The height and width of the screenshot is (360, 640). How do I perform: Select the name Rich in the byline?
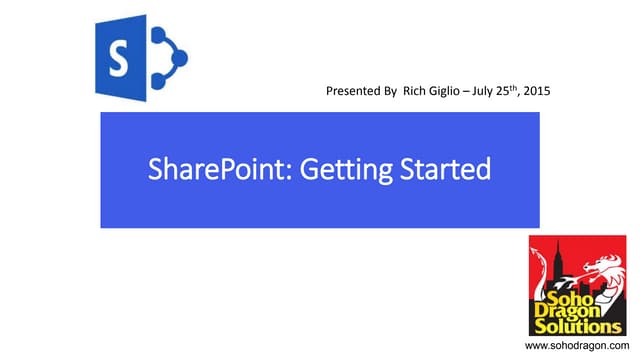coord(414,92)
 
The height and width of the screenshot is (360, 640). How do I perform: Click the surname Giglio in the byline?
coord(448,92)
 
